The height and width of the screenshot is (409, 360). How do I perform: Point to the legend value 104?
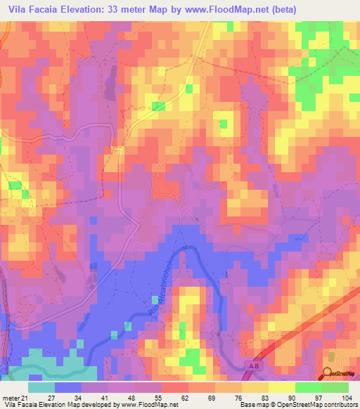point(345,396)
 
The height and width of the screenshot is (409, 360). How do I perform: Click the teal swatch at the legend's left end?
point(41,387)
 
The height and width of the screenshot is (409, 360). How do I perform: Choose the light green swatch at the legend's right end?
point(336,387)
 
